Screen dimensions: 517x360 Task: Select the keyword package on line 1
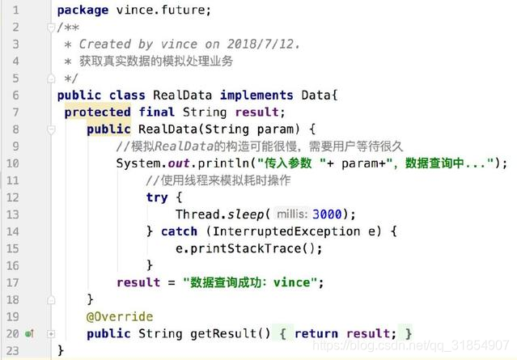point(83,11)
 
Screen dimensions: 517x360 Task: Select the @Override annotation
point(120,316)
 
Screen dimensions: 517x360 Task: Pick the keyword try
point(157,197)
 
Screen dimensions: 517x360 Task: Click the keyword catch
point(179,231)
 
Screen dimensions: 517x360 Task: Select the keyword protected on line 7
point(97,112)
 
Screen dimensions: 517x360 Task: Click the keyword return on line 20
point(316,332)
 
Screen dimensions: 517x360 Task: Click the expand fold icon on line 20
point(51,333)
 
